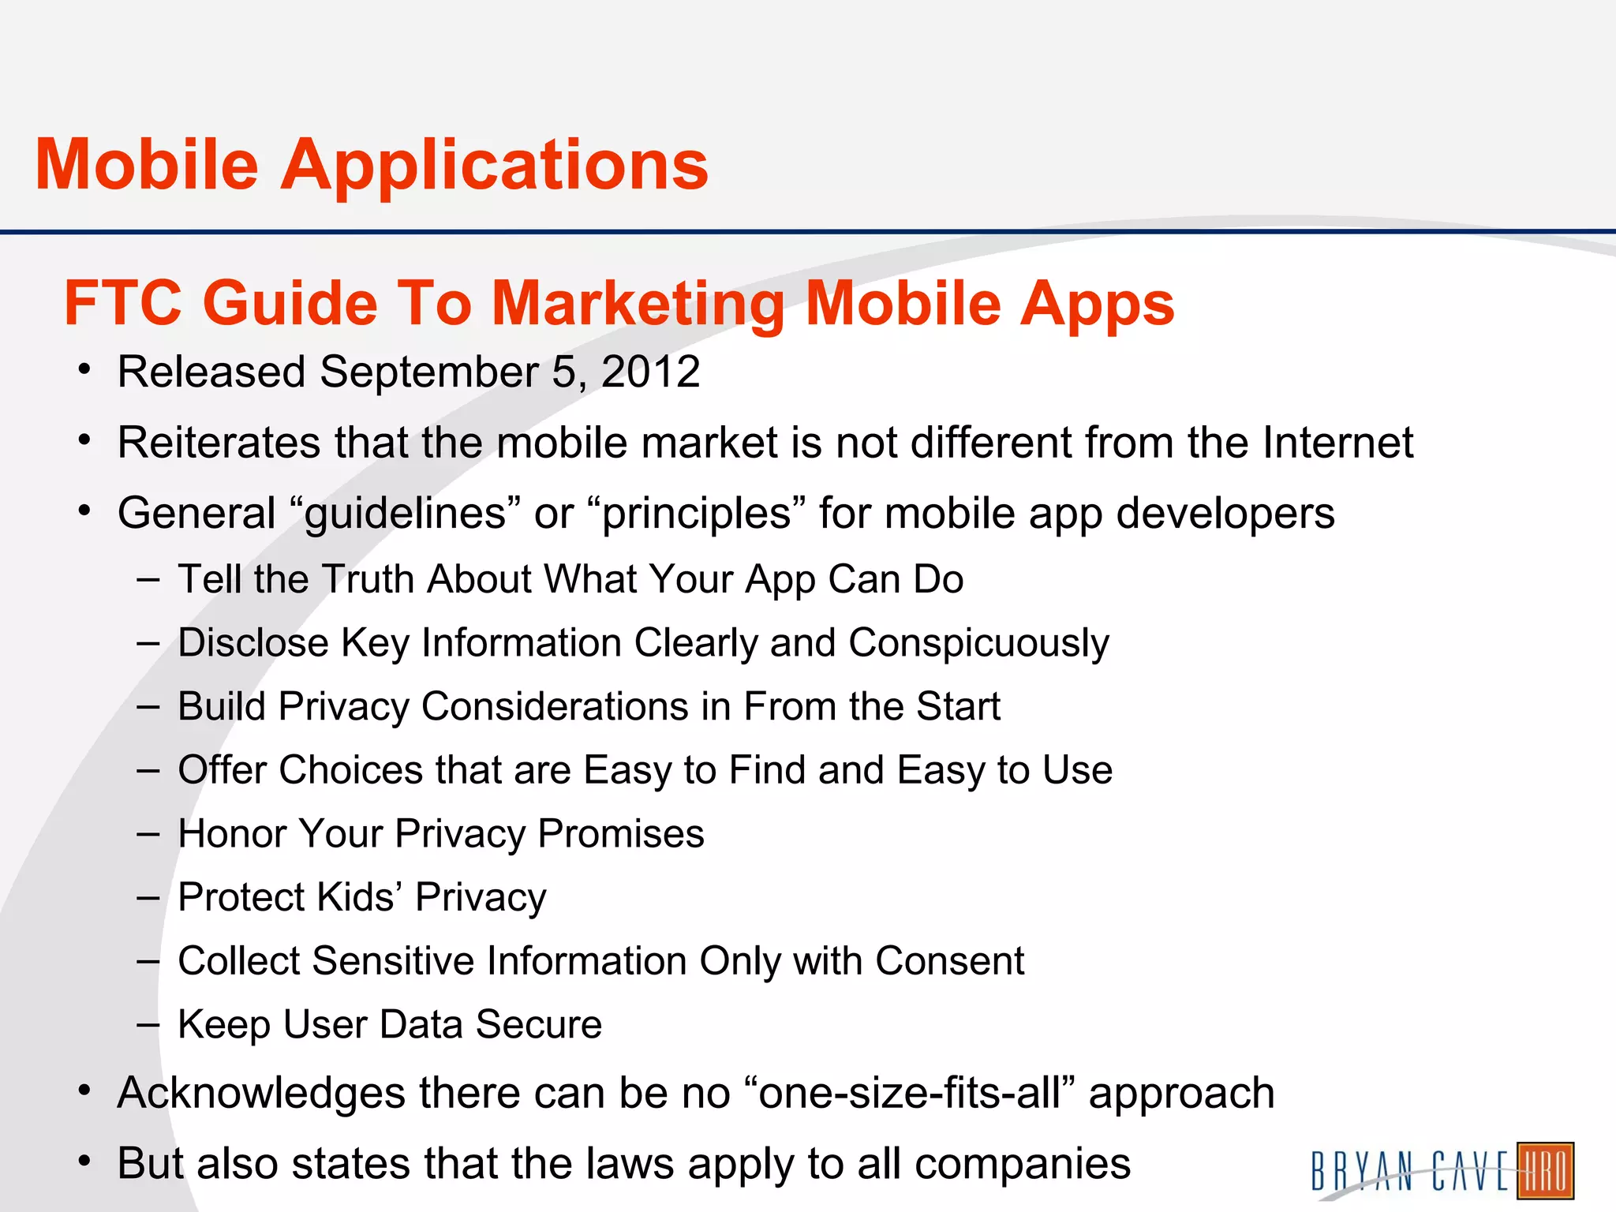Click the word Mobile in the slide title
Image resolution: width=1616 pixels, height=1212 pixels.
(147, 165)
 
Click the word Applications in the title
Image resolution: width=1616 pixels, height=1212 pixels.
(495, 166)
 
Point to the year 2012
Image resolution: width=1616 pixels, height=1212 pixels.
(651, 372)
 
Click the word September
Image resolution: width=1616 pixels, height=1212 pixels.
(429, 372)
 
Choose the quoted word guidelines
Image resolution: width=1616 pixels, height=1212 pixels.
(405, 514)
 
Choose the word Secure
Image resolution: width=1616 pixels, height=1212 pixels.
(539, 1024)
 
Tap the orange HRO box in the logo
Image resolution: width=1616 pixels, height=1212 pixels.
(1545, 1170)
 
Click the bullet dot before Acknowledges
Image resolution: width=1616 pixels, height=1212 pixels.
(84, 1091)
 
